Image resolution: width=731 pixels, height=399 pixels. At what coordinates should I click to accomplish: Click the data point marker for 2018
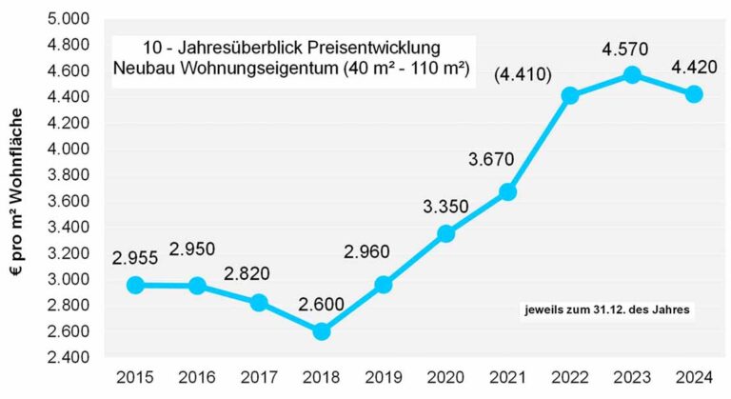point(322,331)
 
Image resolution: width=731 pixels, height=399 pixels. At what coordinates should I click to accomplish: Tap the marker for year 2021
point(507,191)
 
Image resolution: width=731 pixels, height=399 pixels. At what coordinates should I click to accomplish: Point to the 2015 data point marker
point(135,285)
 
